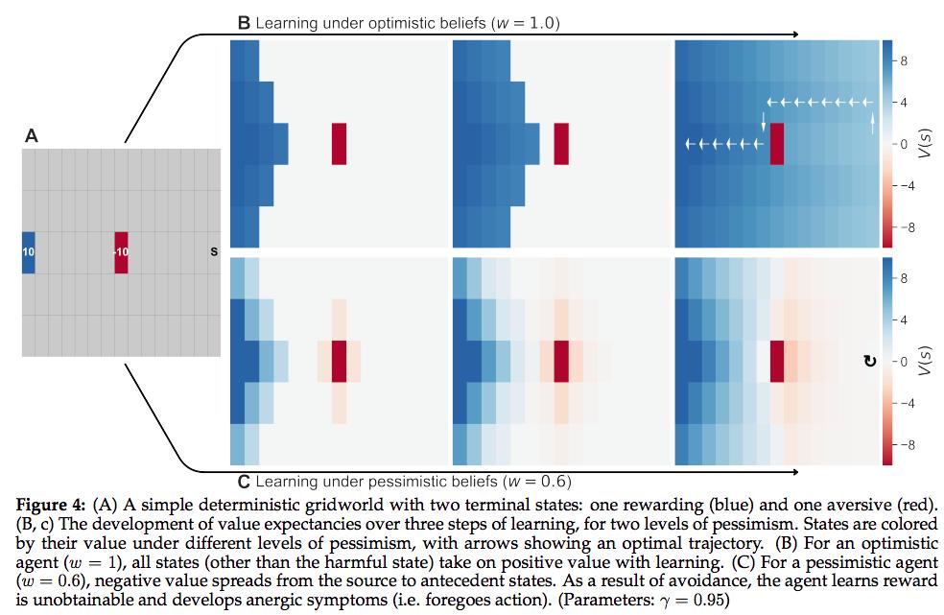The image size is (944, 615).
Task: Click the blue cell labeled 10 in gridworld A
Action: click(28, 252)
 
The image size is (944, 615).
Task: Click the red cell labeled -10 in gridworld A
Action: click(121, 252)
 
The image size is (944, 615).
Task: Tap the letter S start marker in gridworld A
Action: click(213, 252)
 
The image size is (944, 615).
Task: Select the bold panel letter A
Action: click(32, 137)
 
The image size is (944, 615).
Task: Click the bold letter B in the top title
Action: click(244, 22)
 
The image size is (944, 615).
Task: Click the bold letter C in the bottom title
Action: click(244, 480)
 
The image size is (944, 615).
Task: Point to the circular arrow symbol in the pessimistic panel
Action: click(869, 362)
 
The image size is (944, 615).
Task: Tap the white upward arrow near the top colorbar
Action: click(872, 122)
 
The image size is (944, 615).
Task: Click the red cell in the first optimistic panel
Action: click(339, 143)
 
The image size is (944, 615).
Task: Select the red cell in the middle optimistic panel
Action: click(561, 143)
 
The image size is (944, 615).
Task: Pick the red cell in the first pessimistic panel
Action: click(339, 361)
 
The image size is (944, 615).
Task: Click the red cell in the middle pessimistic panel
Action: click(561, 361)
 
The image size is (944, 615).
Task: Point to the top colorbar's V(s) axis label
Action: click(924, 143)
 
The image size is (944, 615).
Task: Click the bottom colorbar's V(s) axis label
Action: click(924, 361)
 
